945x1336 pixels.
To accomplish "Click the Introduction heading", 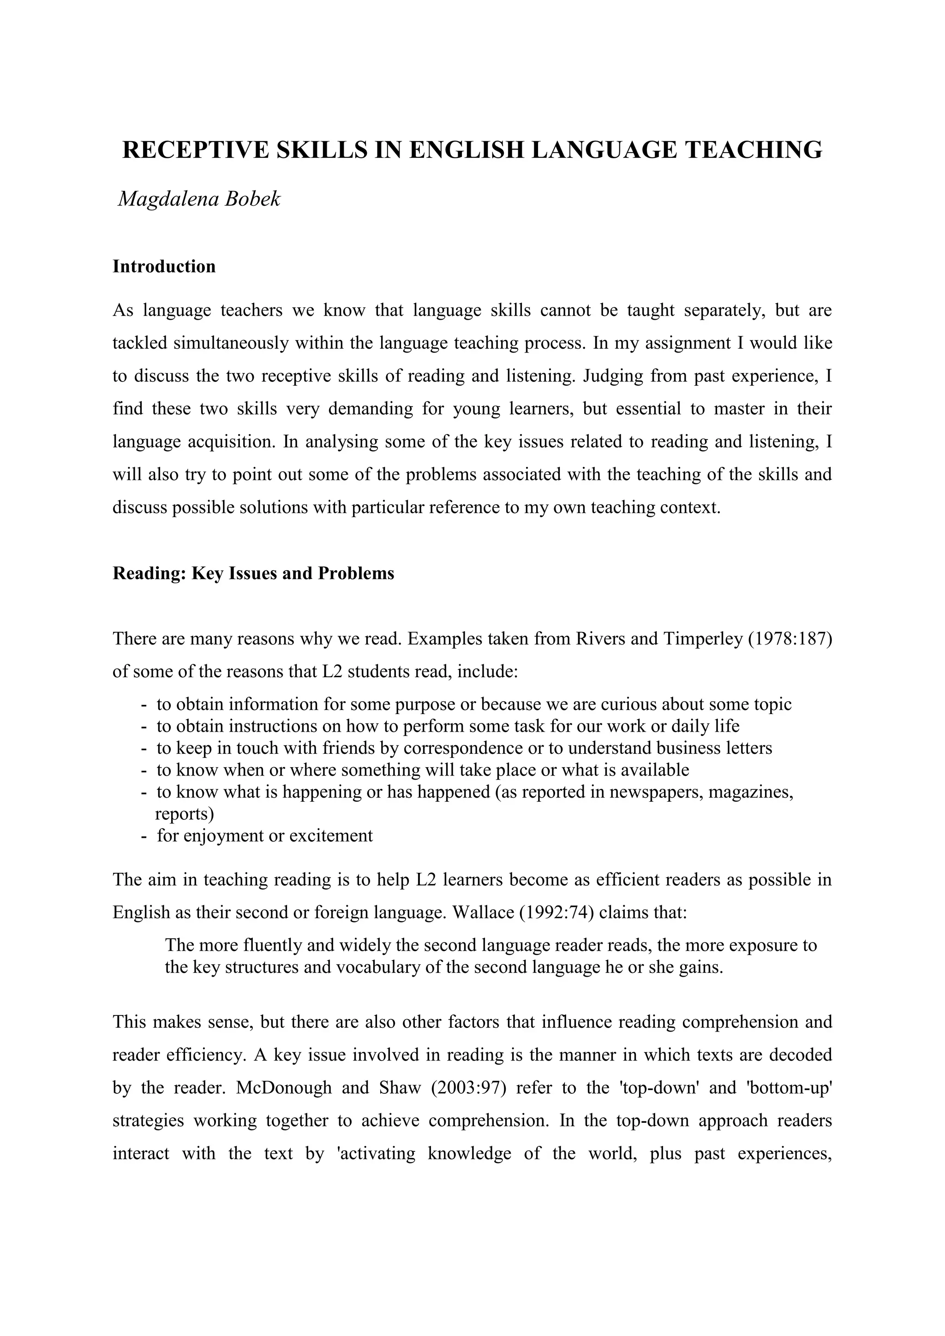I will tap(164, 267).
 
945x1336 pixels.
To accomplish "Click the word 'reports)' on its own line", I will tap(185, 813).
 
